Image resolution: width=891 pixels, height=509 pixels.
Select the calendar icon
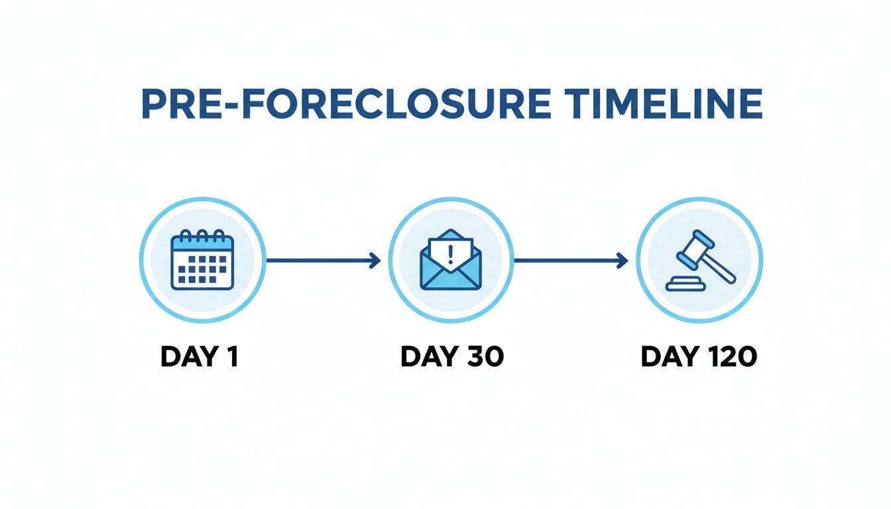pos(202,260)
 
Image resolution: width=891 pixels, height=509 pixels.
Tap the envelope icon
pos(450,260)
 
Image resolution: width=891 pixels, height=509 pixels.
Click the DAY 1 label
pos(199,357)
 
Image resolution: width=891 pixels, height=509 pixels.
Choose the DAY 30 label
pos(452,357)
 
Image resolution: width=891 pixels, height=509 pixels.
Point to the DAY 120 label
pos(699,357)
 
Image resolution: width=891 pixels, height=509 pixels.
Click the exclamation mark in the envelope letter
pos(451,252)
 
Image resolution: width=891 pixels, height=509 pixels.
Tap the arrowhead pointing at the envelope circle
pos(375,261)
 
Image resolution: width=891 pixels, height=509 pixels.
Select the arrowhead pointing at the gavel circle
pos(623,261)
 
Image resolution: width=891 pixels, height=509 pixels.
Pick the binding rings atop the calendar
pos(202,235)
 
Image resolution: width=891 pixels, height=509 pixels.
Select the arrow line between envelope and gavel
pos(567,261)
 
